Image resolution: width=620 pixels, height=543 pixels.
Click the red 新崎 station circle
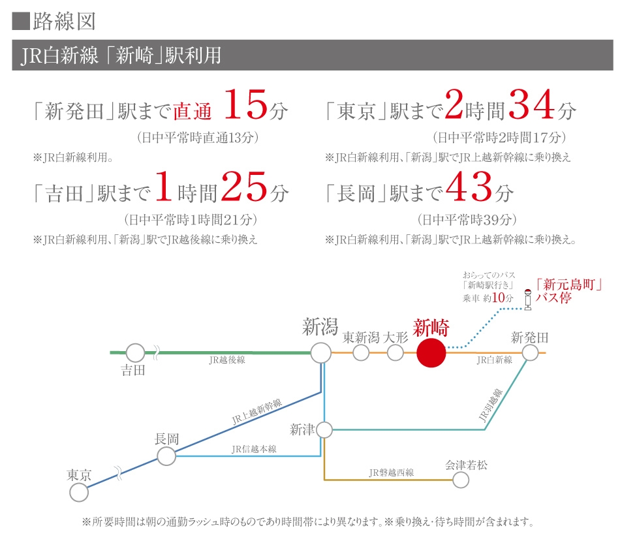pos(431,353)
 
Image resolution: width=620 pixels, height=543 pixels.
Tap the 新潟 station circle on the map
pos(320,353)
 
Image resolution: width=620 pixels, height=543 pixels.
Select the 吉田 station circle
pos(135,352)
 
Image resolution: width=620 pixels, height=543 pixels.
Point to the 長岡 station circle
pos(166,456)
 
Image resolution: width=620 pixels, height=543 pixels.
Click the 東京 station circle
pos(79,492)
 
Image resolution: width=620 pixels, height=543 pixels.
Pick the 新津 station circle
pos(324,430)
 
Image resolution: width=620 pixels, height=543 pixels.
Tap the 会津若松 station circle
pos(461,480)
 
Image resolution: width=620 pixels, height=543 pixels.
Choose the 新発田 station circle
pos(530,352)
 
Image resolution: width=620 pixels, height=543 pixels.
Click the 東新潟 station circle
pos(361,352)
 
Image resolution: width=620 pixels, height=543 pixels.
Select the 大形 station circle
pos(395,352)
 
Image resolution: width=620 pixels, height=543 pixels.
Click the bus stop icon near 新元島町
pos(527,300)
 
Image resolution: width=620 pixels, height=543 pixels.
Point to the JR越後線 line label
pos(227,360)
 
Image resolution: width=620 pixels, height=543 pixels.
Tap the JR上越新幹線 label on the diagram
pos(256,411)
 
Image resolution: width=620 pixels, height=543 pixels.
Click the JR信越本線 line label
pos(254,449)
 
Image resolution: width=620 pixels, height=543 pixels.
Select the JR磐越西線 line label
pos(392,473)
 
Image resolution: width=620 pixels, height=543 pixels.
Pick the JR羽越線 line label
pos(490,405)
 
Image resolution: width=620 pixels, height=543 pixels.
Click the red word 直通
pos(192,111)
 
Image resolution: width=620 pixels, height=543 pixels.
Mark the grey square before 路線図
pos(21,22)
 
